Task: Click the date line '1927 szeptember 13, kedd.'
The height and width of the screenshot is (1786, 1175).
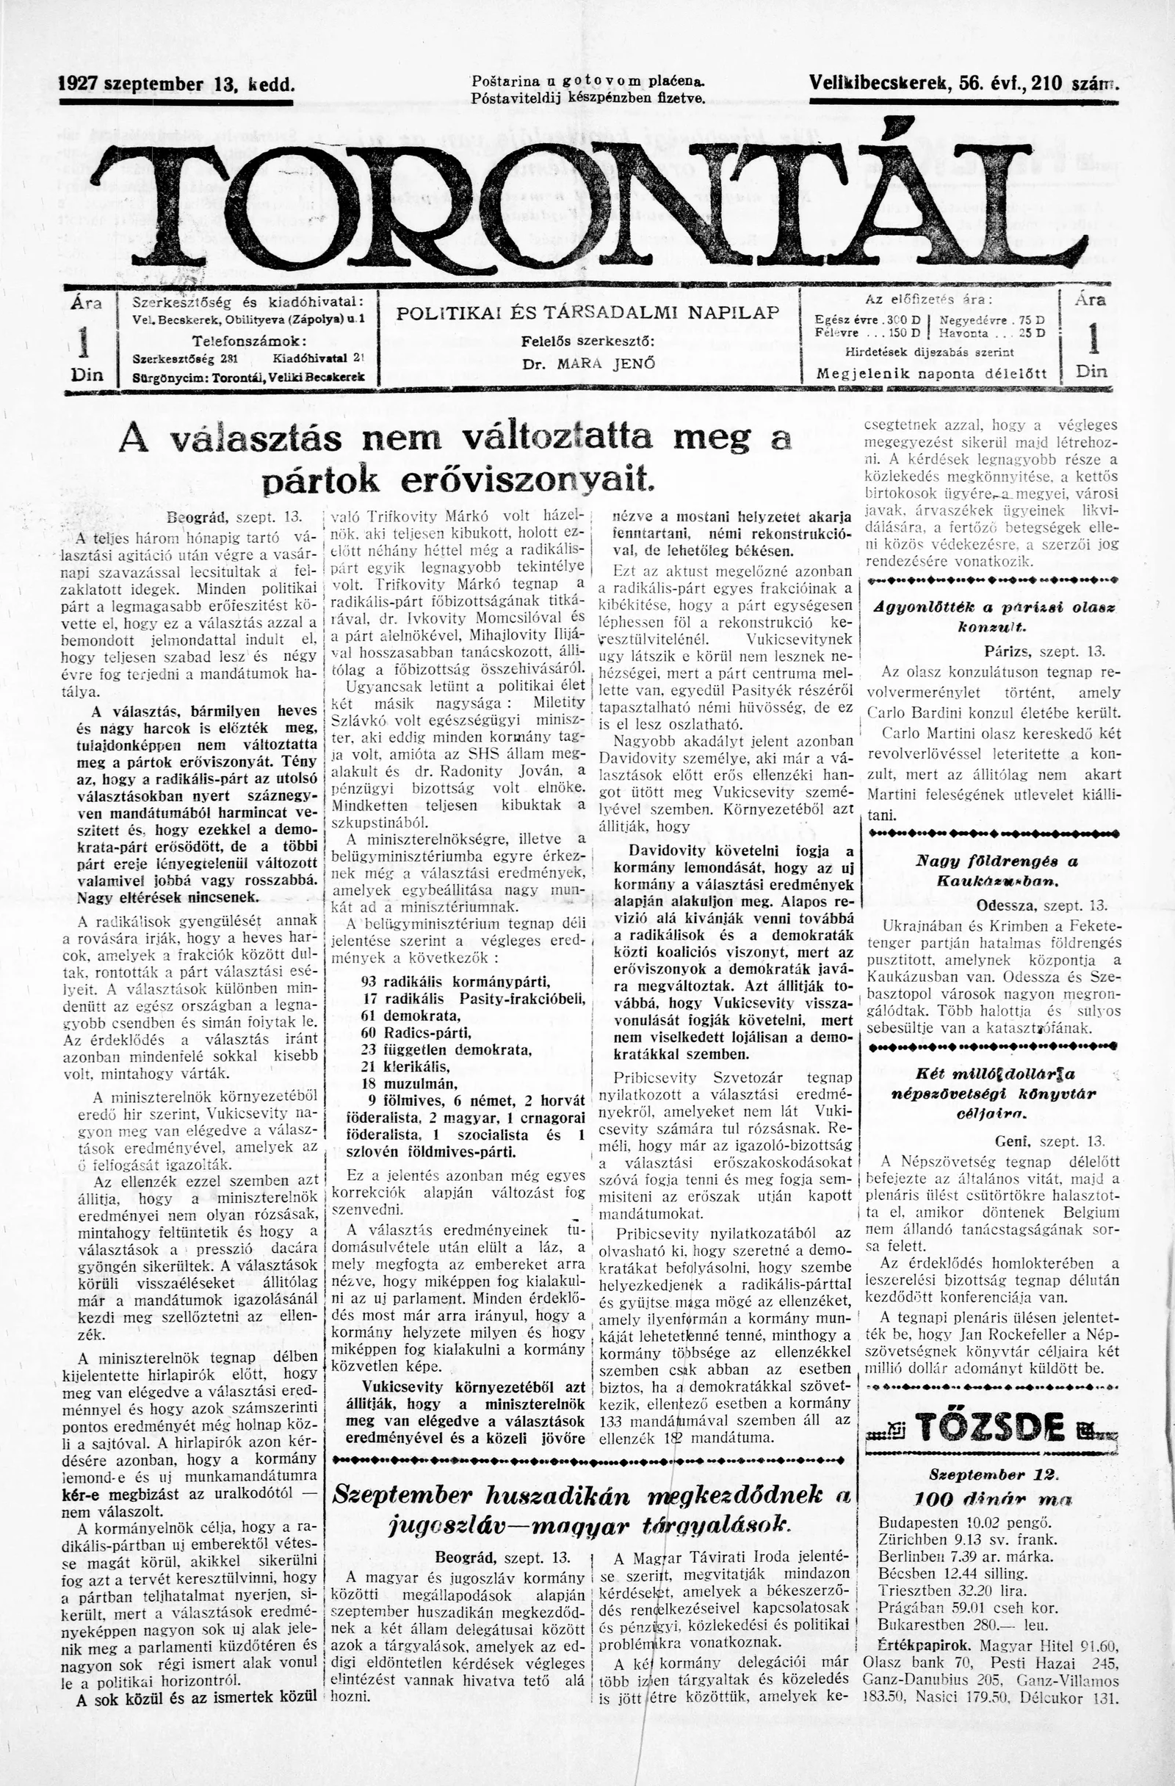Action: point(177,83)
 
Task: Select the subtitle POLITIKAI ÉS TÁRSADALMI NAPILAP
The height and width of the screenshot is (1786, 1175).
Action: point(588,313)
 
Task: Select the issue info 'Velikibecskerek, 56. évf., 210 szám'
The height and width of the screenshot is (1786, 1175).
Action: point(963,83)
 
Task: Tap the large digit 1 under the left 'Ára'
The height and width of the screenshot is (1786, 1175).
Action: point(85,342)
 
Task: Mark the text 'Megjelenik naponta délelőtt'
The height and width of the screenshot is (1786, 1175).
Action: point(930,373)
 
